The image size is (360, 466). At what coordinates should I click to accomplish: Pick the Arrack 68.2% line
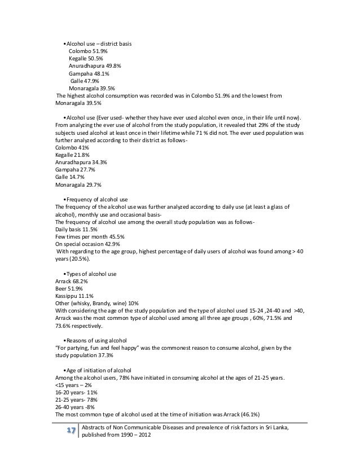[73, 281]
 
